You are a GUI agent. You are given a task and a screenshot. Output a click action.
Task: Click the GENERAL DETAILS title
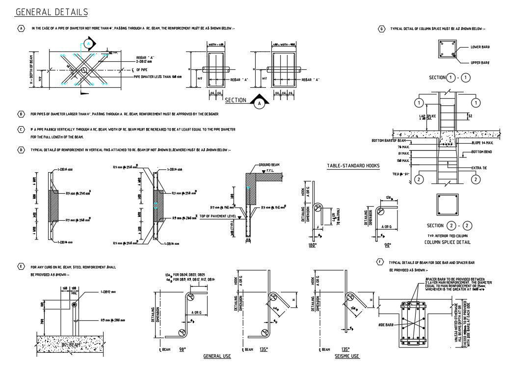click(52, 12)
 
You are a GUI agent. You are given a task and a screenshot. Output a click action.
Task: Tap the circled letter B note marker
click(21, 114)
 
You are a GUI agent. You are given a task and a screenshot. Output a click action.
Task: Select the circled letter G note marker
click(382, 28)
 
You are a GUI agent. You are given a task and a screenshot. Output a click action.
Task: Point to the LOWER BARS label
click(480, 47)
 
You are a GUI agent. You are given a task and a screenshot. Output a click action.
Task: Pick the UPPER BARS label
click(480, 63)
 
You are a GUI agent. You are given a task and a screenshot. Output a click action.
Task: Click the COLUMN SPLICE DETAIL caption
click(447, 242)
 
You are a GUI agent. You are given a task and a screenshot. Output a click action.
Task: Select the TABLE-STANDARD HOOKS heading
click(353, 166)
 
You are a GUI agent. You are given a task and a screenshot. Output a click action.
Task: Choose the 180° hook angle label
click(312, 245)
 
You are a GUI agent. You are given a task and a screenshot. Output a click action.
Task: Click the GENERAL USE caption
click(217, 356)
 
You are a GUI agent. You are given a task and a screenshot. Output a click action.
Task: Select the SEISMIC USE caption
click(346, 356)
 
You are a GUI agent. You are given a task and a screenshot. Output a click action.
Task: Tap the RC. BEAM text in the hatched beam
click(70, 345)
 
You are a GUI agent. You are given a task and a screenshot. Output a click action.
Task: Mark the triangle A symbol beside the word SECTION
click(258, 103)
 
